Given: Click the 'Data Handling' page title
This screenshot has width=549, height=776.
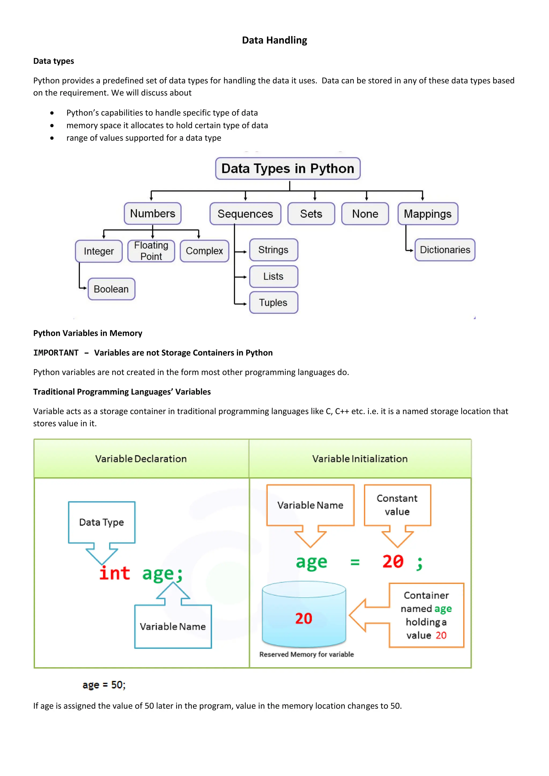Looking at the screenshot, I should (274, 40).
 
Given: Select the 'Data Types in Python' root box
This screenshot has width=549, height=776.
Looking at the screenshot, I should (288, 168).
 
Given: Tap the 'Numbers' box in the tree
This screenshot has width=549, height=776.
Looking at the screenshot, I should (153, 214).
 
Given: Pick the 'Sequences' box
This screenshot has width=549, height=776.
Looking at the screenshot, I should (245, 214).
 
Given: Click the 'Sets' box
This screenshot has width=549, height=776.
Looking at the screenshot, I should (311, 214).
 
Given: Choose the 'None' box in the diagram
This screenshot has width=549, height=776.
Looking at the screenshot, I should (365, 214).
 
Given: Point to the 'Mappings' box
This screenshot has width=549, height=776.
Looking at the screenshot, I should (428, 214).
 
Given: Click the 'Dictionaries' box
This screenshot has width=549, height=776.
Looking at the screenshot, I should (445, 250).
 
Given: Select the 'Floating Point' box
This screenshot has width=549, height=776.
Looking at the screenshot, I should (151, 251).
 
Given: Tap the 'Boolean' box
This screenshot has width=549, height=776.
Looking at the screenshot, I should (111, 289).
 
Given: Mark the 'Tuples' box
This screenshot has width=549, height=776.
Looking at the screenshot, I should (273, 303).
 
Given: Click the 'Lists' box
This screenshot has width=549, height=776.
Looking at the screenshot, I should (273, 277).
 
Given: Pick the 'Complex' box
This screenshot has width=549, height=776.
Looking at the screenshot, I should (204, 251).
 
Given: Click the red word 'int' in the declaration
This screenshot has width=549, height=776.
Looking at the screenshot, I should (115, 573).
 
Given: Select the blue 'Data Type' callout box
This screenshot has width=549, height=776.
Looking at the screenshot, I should (101, 522).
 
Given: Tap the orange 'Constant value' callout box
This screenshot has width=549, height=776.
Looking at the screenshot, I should (397, 505).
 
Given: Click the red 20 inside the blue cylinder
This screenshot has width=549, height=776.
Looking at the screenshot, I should (303, 618).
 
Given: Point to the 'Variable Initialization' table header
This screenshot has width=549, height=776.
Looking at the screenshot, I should (360, 459).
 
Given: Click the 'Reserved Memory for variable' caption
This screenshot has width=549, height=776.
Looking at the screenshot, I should (306, 654).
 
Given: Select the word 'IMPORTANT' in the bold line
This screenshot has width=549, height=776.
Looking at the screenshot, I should (56, 353).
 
